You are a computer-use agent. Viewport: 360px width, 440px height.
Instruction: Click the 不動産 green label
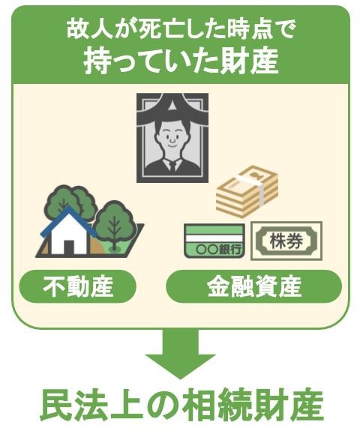pos(77,286)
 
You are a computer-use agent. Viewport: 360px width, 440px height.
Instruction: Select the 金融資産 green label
pos(253,286)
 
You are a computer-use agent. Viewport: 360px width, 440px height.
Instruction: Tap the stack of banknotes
pos(247,192)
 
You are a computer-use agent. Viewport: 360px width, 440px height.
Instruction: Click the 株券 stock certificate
pos(286,241)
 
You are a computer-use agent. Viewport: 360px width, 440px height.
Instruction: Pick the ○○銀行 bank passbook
pos(214,241)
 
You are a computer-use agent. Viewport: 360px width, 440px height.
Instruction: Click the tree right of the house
pos(114,224)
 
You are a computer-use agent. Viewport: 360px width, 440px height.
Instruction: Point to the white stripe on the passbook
pos(214,238)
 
